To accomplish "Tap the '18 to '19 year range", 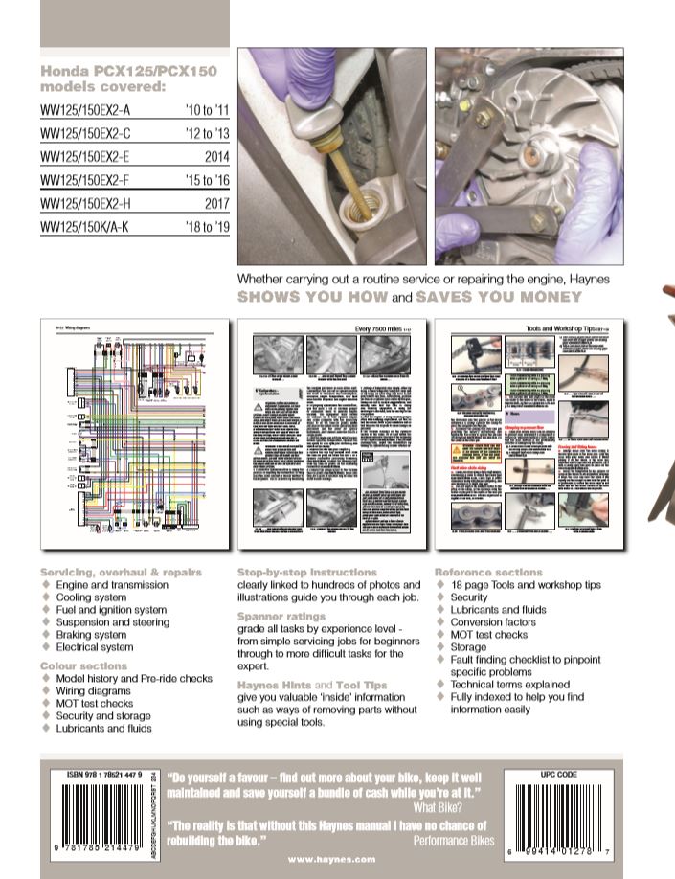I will (x=203, y=226).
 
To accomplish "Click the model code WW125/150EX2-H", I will (x=88, y=202).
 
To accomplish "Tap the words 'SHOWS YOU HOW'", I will (x=311, y=298).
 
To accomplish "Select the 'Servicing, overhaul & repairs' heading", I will (x=121, y=572).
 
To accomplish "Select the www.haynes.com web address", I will (x=330, y=859).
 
